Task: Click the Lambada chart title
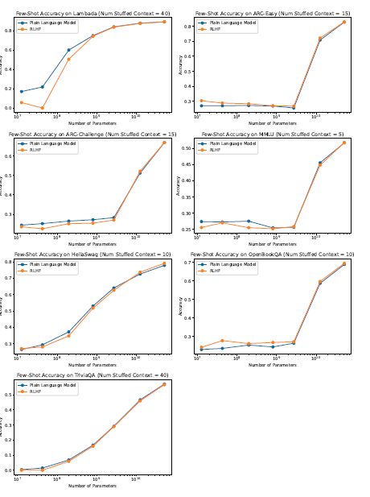tap(92, 14)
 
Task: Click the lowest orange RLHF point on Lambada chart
tap(43, 108)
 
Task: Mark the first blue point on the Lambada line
tap(22, 92)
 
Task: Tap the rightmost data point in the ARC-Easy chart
tap(344, 22)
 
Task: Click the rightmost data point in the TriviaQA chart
tap(164, 384)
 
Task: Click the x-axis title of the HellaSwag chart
tap(92, 365)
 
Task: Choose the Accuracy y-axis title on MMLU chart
tap(179, 185)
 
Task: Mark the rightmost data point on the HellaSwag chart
tap(164, 263)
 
